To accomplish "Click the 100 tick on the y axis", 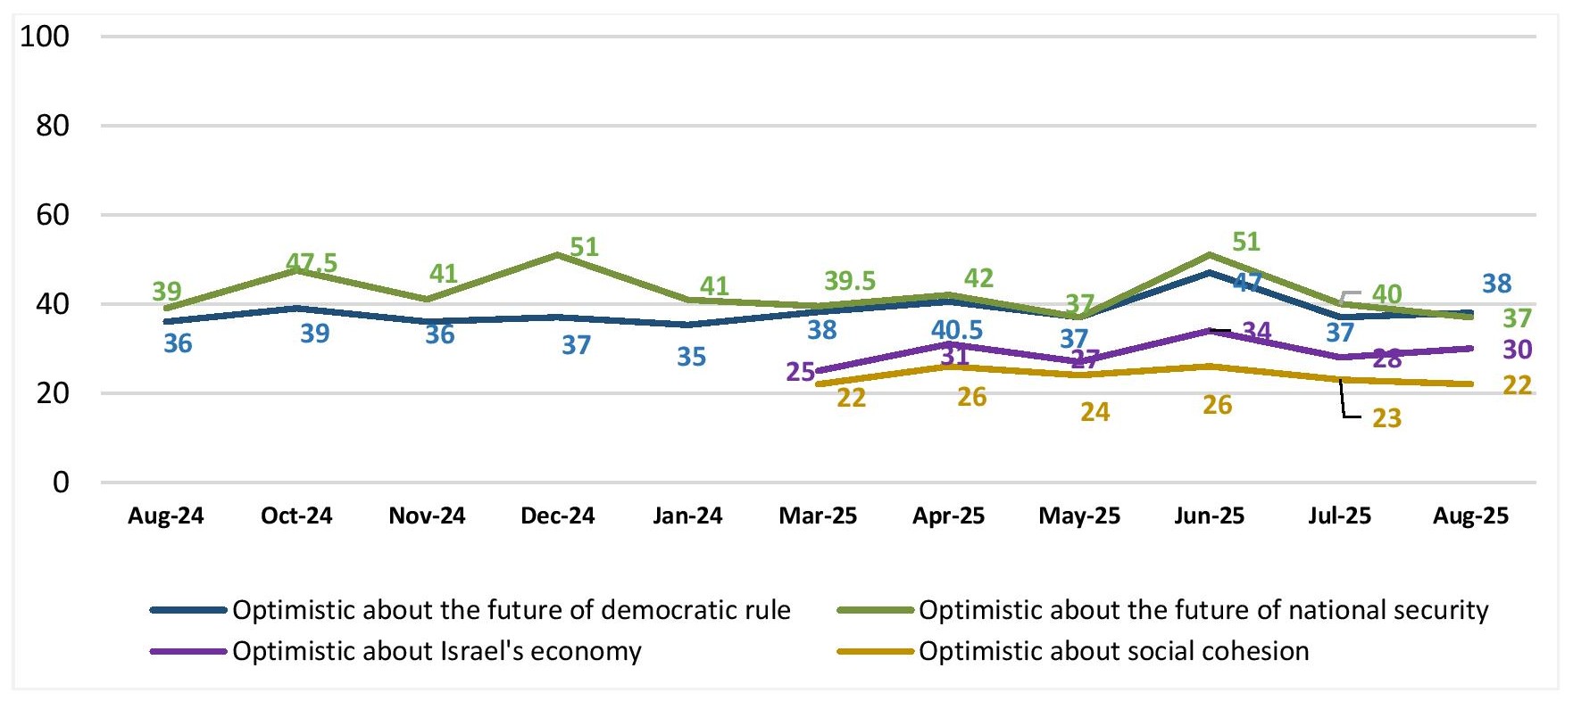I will (45, 37).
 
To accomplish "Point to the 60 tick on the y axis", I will (52, 215).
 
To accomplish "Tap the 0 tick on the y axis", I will (60, 482).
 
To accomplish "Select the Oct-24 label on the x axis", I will (296, 515).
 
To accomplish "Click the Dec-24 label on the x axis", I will (557, 515).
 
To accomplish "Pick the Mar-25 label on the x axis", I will (818, 515).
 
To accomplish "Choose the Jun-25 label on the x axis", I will (1209, 515).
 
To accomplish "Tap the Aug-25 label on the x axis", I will (1470, 515).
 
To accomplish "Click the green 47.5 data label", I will (312, 263).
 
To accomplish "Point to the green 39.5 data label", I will (850, 281).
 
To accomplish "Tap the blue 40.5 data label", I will (957, 330).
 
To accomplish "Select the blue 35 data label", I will (692, 357).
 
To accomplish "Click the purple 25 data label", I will (801, 371).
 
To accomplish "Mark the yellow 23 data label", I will (1386, 418).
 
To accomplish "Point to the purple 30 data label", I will (1518, 350).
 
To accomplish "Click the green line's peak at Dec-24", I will (557, 255).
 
